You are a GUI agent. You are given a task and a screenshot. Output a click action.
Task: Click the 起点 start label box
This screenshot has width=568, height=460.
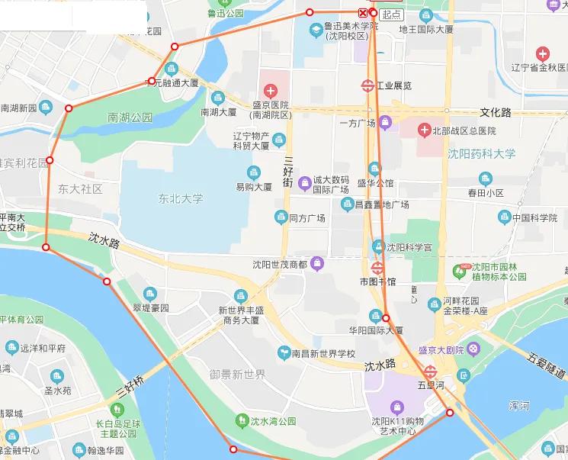point(392,14)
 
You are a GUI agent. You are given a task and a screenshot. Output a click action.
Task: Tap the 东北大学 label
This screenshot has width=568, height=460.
point(181,198)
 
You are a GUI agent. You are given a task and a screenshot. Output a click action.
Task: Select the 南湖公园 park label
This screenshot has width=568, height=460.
point(130,117)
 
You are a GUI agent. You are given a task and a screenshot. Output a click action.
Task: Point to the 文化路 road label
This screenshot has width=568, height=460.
point(496,112)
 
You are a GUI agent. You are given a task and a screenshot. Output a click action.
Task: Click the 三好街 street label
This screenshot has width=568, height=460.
point(288,172)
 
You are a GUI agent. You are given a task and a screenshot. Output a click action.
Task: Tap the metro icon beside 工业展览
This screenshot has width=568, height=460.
point(367,85)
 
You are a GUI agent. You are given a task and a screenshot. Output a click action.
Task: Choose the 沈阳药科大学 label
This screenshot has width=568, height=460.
point(481,153)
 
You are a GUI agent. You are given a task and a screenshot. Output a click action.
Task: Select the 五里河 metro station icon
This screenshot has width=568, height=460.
point(431,372)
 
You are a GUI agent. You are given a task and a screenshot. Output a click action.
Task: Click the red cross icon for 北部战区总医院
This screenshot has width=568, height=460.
point(423,131)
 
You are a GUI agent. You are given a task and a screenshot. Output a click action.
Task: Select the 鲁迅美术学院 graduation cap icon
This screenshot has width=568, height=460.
point(316,29)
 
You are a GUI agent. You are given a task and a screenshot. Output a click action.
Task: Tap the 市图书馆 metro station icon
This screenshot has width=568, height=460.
point(377,268)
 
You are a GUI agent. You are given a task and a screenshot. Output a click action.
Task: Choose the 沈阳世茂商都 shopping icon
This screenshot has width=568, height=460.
point(317,265)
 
